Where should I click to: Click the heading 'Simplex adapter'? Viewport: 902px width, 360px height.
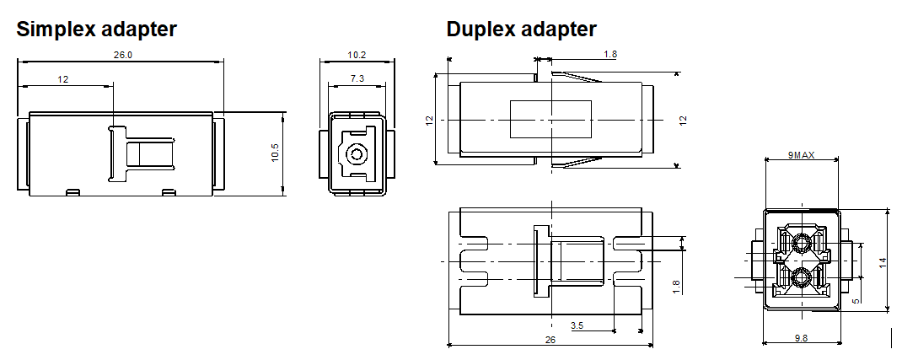(x=97, y=30)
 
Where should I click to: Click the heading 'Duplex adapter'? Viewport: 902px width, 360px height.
(x=521, y=30)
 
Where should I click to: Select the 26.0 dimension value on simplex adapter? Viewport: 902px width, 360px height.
(x=123, y=55)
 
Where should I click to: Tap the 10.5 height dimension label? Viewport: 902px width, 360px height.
(x=274, y=154)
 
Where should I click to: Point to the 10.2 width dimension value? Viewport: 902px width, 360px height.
(x=357, y=55)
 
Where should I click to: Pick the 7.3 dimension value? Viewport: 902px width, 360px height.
(x=357, y=78)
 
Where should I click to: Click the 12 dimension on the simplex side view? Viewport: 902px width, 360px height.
(x=63, y=78)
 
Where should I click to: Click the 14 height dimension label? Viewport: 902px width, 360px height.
(x=883, y=262)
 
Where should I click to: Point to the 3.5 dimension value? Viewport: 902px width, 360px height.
(x=577, y=325)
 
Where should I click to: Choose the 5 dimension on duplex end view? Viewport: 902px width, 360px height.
(x=856, y=300)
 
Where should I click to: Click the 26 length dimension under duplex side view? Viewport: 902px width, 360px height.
(x=550, y=340)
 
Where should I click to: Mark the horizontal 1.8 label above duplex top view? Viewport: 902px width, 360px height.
(x=610, y=55)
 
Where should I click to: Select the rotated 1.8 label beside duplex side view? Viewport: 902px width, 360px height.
(x=676, y=287)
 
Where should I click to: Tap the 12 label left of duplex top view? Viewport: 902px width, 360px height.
(x=429, y=121)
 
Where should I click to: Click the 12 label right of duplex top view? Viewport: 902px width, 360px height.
(x=684, y=121)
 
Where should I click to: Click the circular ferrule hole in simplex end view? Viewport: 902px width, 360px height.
(x=357, y=155)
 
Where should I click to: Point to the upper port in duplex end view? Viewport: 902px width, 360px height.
(x=800, y=244)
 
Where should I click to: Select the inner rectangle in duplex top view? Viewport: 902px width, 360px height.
(x=551, y=119)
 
